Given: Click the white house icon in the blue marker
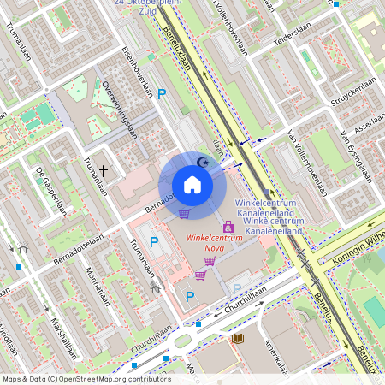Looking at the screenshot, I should [x=192, y=185].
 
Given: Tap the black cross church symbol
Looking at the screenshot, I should [x=104, y=171].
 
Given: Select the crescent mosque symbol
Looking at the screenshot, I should [x=203, y=161].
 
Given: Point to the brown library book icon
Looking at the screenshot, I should [x=238, y=338].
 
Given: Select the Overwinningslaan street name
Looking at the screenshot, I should [x=119, y=110].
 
